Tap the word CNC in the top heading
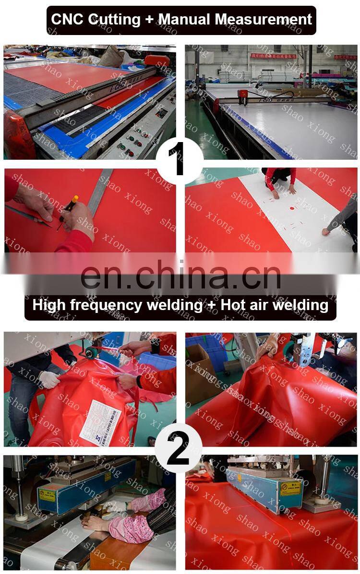click(x=68, y=19)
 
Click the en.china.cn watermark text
click(x=180, y=276)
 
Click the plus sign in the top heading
click(x=149, y=20)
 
